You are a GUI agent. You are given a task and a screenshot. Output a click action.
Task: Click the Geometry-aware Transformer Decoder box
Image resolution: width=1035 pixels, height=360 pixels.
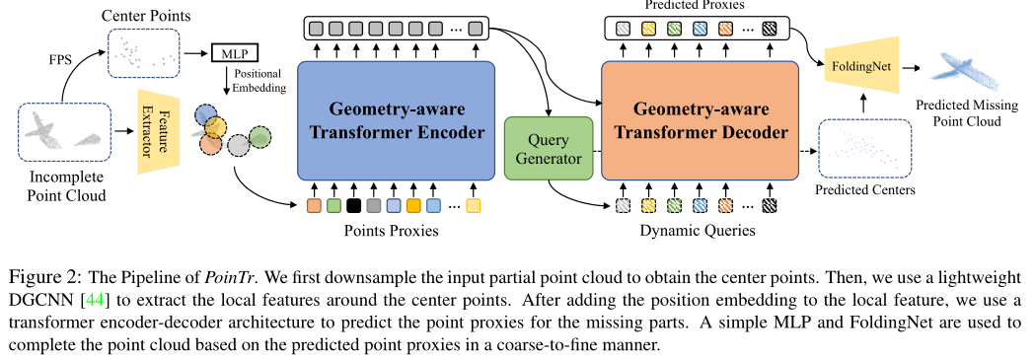701,120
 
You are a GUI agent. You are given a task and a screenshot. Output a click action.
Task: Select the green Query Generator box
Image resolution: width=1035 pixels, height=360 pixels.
548,148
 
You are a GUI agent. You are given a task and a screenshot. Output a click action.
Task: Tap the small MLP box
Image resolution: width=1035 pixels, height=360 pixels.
230,51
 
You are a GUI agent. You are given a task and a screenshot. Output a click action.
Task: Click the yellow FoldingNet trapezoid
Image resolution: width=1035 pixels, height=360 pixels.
859,70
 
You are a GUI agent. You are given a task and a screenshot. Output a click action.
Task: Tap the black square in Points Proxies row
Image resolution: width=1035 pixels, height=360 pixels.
353,206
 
